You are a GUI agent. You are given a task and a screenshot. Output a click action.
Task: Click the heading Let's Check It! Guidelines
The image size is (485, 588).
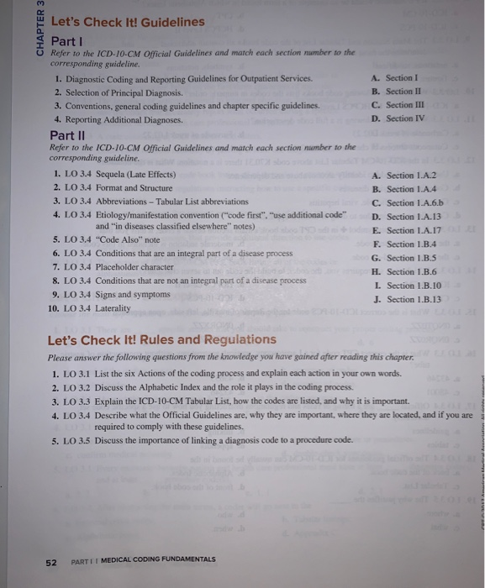pos(127,22)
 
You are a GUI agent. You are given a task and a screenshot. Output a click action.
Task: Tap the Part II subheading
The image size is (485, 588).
pos(67,135)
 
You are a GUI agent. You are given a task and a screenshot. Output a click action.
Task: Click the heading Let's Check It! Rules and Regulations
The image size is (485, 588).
pos(161,339)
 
